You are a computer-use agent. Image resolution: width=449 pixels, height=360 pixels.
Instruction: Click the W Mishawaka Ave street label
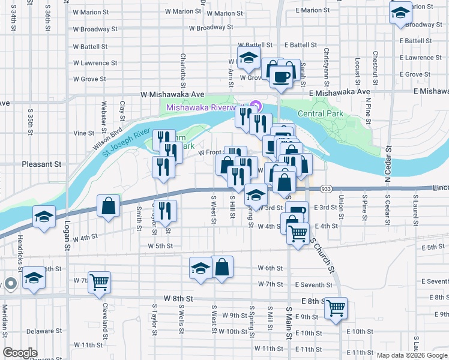click(x=172, y=95)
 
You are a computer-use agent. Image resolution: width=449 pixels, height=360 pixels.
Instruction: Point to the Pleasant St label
click(x=42, y=163)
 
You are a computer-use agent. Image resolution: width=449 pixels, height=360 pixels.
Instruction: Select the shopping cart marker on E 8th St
click(x=336, y=308)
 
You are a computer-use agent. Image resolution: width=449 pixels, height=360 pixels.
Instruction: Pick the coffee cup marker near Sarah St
click(x=281, y=76)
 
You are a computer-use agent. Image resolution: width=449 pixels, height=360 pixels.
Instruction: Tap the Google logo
click(x=20, y=353)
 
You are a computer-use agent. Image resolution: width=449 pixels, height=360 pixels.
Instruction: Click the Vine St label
click(x=84, y=133)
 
